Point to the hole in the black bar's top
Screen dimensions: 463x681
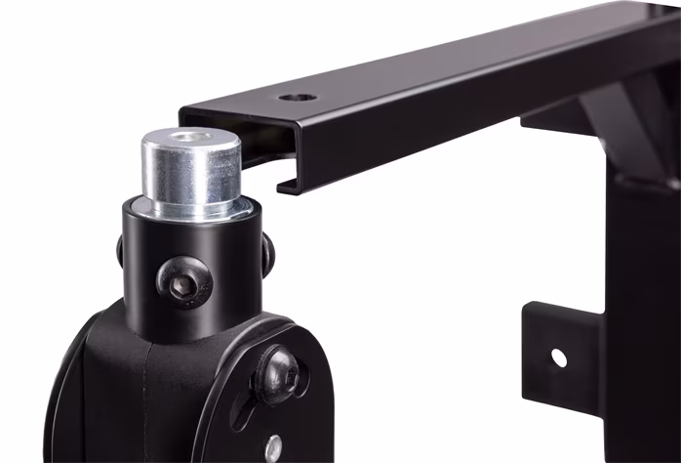[296, 99]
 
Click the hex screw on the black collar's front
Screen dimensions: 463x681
[185, 282]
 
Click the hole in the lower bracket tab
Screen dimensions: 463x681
[558, 358]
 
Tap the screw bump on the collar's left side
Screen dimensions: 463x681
[120, 250]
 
